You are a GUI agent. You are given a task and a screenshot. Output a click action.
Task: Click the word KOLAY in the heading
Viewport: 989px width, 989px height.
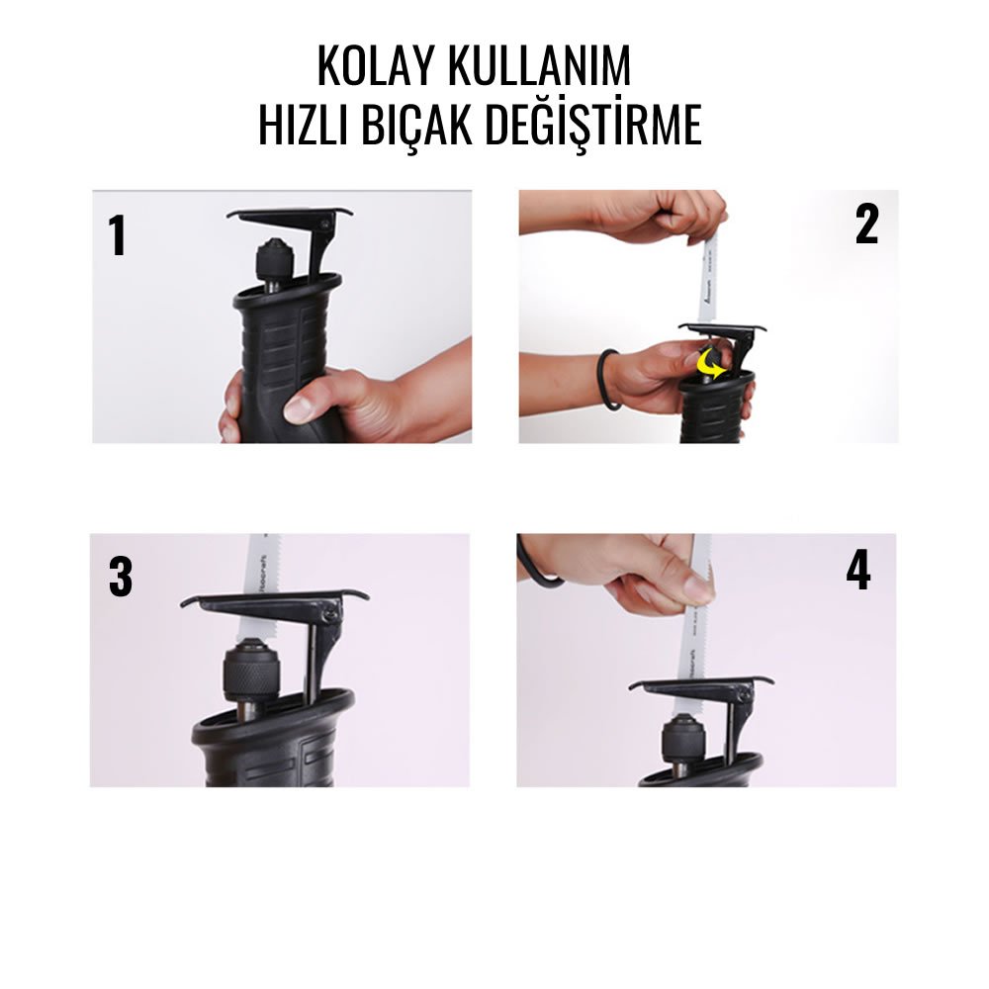376,66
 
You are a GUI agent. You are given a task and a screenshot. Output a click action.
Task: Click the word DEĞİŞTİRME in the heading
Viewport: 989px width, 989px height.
605,126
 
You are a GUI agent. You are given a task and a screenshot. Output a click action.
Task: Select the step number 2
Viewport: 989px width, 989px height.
866,225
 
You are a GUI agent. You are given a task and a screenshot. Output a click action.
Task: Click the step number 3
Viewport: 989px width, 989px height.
120,579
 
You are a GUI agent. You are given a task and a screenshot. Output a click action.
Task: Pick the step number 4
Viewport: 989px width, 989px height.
857,571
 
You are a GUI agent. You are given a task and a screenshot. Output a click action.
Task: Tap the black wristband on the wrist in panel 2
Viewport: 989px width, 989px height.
606,380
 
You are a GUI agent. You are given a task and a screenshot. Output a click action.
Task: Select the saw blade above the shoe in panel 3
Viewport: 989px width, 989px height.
261,564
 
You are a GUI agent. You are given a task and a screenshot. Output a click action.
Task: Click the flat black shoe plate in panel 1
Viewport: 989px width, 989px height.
287,214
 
